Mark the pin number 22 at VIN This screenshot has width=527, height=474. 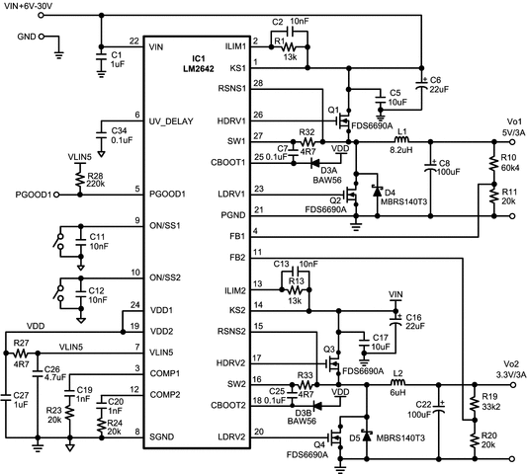pos(133,39)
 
